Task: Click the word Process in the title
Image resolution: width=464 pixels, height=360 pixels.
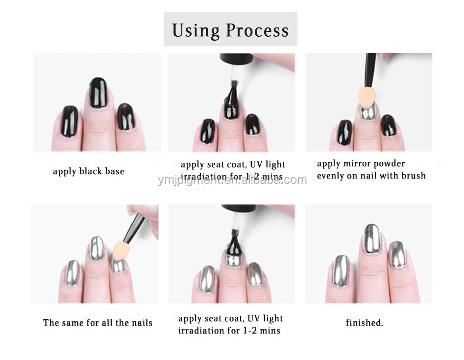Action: [x=257, y=30]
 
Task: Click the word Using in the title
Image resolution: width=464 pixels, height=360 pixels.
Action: [x=195, y=31]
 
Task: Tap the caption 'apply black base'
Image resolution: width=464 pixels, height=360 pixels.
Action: [x=89, y=172]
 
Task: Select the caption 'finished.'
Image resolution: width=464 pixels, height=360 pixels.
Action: [x=364, y=322]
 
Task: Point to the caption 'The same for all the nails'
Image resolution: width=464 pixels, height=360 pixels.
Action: [x=98, y=322]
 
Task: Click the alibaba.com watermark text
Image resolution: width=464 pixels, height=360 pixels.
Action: [x=232, y=180]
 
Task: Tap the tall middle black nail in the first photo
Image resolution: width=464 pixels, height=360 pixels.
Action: [x=98, y=93]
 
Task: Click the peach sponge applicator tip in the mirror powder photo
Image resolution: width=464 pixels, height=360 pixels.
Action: [x=367, y=97]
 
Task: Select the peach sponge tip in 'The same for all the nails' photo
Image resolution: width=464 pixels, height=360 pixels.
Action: [x=120, y=250]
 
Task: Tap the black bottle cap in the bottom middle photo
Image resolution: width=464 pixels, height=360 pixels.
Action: [x=239, y=207]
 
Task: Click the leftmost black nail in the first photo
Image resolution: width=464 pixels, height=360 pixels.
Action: [x=70, y=121]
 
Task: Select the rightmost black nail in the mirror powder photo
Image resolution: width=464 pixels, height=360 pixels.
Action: [x=389, y=126]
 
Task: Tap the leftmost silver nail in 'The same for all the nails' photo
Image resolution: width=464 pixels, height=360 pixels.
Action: [x=73, y=273]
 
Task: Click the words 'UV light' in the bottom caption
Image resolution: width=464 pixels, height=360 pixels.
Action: [x=265, y=318]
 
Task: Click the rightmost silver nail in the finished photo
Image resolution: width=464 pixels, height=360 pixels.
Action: [x=397, y=255]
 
